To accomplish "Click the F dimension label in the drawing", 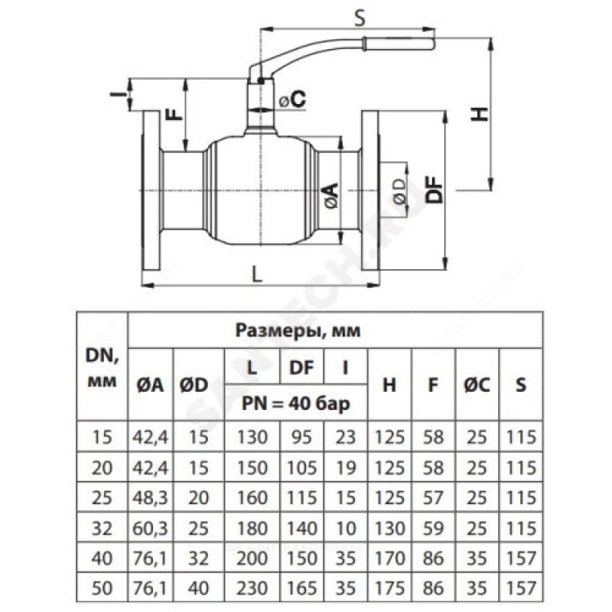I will click(175, 113).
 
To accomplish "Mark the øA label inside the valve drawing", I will click(330, 197).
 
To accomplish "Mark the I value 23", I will click(345, 437).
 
